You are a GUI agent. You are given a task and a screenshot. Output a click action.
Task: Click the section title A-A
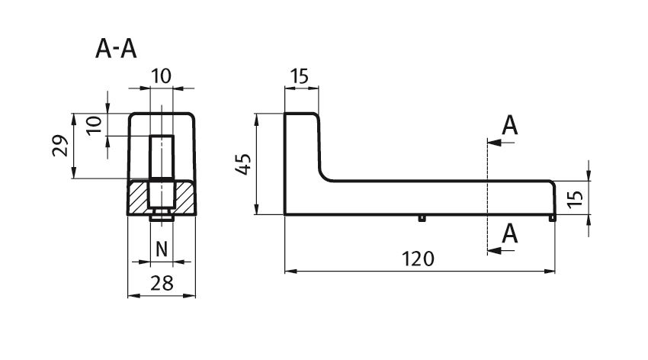click(x=116, y=49)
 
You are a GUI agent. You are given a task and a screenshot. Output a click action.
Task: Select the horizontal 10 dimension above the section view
click(x=161, y=76)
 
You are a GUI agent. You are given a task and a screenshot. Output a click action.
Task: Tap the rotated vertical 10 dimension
click(x=95, y=125)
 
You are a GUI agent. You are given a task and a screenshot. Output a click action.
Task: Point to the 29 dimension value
click(x=60, y=146)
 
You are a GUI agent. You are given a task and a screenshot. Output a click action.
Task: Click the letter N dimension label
click(x=162, y=249)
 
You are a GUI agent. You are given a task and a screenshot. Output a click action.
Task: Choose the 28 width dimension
click(x=162, y=284)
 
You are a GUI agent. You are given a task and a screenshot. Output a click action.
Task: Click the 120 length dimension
click(x=419, y=259)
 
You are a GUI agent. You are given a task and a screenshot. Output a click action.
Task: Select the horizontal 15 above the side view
click(x=299, y=76)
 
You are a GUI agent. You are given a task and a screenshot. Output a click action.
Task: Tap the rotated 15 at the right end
click(x=576, y=199)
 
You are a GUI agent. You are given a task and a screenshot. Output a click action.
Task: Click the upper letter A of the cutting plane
click(x=509, y=126)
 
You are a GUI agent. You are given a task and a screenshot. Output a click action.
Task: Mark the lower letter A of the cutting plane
click(x=509, y=234)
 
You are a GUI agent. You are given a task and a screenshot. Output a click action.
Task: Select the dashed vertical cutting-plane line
click(x=488, y=196)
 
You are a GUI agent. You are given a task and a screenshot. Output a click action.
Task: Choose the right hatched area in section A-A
click(x=184, y=197)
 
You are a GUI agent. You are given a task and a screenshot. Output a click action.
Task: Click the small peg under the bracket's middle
click(x=422, y=218)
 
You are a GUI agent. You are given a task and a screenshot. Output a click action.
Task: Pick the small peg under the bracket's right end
click(x=552, y=218)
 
